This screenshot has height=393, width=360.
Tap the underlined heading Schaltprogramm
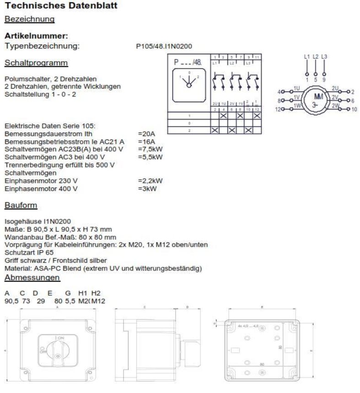(36, 63)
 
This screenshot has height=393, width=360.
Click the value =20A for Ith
(146, 134)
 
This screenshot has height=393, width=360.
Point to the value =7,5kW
(150, 149)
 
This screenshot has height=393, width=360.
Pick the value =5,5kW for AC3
(150, 157)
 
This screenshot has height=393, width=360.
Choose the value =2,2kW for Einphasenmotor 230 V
(150, 181)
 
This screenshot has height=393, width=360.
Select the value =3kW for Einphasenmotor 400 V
(146, 188)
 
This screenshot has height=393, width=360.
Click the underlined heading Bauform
(21, 205)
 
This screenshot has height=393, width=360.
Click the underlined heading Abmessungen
(32, 278)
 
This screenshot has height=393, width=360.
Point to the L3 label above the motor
(324, 57)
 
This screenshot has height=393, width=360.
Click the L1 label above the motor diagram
(307, 57)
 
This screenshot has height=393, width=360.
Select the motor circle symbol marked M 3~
(315, 99)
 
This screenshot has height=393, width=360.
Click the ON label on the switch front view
(60, 337)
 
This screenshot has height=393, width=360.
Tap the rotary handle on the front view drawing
(58, 351)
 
